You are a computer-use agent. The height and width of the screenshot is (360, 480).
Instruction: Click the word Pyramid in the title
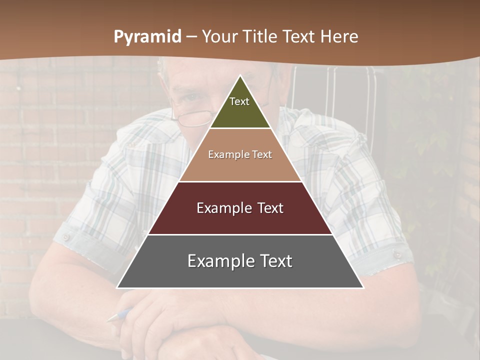coord(147,37)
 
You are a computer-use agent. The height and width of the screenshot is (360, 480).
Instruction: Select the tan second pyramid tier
coord(240,167)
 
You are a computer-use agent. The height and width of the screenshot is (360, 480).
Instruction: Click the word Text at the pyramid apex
coord(239,101)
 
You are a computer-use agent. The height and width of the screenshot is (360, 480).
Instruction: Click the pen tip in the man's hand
coord(111,318)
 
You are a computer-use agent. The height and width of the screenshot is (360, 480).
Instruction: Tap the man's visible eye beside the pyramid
coord(192,98)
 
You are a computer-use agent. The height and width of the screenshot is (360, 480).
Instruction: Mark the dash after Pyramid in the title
coord(191,37)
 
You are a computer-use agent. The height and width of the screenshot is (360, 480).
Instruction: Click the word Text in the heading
coord(299,36)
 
